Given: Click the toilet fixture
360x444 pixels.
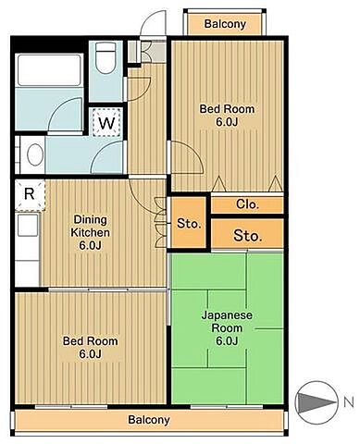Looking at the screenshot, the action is point(106,57).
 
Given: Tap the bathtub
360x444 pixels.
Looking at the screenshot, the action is point(49,70).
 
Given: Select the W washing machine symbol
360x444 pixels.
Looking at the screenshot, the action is point(106,123).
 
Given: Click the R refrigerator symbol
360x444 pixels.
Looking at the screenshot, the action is point(30,194).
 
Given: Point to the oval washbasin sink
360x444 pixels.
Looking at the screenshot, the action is point(34,154).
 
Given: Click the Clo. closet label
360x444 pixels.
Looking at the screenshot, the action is point(247,204).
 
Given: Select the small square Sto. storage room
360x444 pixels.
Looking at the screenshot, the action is point(189,223).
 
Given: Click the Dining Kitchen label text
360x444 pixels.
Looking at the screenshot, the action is point(90,226).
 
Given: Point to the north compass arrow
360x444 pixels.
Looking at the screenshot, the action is point(316,402).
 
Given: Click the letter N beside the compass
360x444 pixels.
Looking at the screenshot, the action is point(348,401).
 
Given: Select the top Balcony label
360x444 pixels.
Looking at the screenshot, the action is point(225,24).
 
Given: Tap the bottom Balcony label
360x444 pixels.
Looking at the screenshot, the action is point(149,420).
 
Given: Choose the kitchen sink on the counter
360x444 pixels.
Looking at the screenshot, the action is point(28,226).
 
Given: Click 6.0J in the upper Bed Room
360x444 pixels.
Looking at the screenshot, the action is point(227,122).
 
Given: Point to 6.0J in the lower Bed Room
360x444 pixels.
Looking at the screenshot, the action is point(90,354).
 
